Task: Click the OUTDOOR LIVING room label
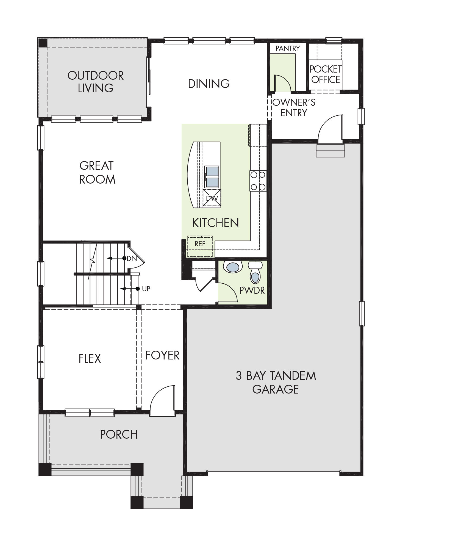[x=96, y=82]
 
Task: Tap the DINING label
[x=209, y=84]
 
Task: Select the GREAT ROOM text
[x=97, y=173]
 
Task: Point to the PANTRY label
[x=288, y=49]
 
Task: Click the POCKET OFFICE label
[x=326, y=74]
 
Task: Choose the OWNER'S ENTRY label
[x=294, y=107]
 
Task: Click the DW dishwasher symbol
[x=212, y=198]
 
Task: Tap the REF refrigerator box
[x=200, y=246]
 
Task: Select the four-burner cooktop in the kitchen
[x=258, y=181]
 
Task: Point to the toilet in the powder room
[x=255, y=272]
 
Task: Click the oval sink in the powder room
[x=233, y=267]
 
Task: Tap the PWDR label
[x=252, y=290]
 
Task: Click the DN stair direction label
[x=132, y=258]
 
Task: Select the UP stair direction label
[x=146, y=289]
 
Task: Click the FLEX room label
[x=90, y=359]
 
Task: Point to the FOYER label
[x=162, y=355]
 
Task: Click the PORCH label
[x=119, y=434]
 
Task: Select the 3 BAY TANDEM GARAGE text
[x=276, y=382]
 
